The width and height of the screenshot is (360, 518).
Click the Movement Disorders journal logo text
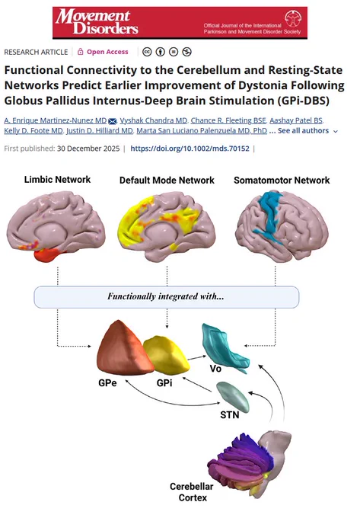[97, 22]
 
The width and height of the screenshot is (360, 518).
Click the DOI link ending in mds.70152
[190, 149]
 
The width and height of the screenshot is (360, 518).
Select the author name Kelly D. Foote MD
[33, 131]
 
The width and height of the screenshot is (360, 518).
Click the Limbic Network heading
[57, 179]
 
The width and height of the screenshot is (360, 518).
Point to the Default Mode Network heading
[167, 180]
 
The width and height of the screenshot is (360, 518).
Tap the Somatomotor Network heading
[282, 180]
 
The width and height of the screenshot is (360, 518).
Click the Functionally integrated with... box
[167, 296]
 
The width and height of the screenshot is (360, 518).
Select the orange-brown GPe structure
[124, 350]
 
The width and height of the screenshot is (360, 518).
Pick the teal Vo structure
[225, 349]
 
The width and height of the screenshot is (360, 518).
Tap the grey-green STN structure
[233, 396]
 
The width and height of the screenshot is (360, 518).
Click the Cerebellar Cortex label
[192, 492]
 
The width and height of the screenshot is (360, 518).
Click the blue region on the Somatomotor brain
[269, 216]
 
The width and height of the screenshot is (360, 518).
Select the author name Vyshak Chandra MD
[154, 120]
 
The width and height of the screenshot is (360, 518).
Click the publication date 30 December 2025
[88, 149]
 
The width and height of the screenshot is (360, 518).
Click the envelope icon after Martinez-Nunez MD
[112, 121]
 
